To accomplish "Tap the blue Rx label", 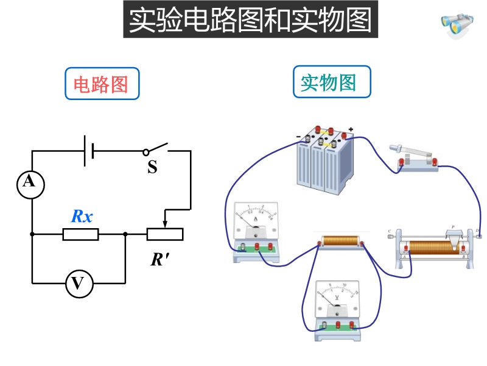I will tap(82, 216).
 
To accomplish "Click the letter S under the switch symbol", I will tap(152, 167).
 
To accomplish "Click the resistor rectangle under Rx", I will tap(80, 234).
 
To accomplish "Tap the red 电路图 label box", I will tap(102, 84).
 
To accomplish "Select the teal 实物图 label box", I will tap(332, 82).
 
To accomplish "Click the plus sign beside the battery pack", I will tap(351, 130).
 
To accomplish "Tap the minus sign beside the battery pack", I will tap(298, 136).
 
